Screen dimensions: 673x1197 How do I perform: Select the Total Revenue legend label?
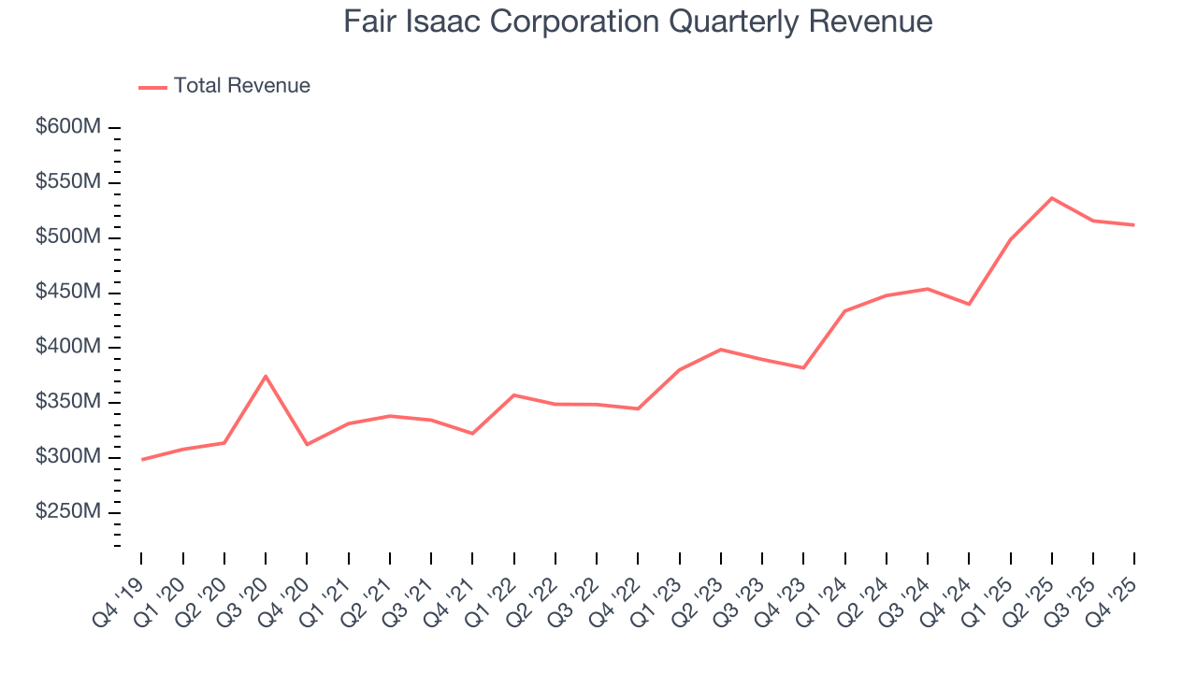241,86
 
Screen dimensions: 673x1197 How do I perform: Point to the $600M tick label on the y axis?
68,127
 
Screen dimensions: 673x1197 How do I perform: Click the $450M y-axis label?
68,293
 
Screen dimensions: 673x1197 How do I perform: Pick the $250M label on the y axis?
68,512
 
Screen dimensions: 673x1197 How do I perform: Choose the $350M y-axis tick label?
68,402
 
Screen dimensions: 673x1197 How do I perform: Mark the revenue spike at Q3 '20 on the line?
266,376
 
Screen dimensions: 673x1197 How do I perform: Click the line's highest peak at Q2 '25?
1052,198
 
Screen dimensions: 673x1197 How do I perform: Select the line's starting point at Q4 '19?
142,459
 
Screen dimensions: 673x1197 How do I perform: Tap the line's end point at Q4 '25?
1134,224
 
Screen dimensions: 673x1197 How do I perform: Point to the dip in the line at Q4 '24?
969,304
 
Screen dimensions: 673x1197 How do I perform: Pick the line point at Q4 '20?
308,444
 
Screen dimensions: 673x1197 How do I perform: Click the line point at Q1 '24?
845,311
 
